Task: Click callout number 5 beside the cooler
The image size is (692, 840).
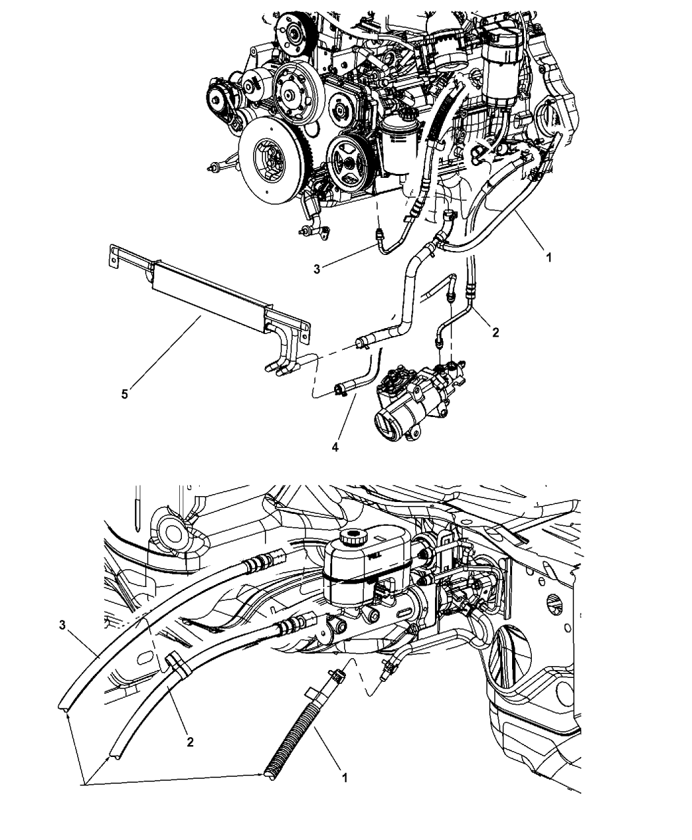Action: click(x=125, y=395)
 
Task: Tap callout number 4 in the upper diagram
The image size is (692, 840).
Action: click(x=335, y=447)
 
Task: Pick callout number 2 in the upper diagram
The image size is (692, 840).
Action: click(x=495, y=333)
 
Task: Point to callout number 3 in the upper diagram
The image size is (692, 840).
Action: click(x=317, y=269)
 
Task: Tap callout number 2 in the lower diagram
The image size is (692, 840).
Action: click(x=190, y=742)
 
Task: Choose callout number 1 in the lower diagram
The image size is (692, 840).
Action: click(x=343, y=777)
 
